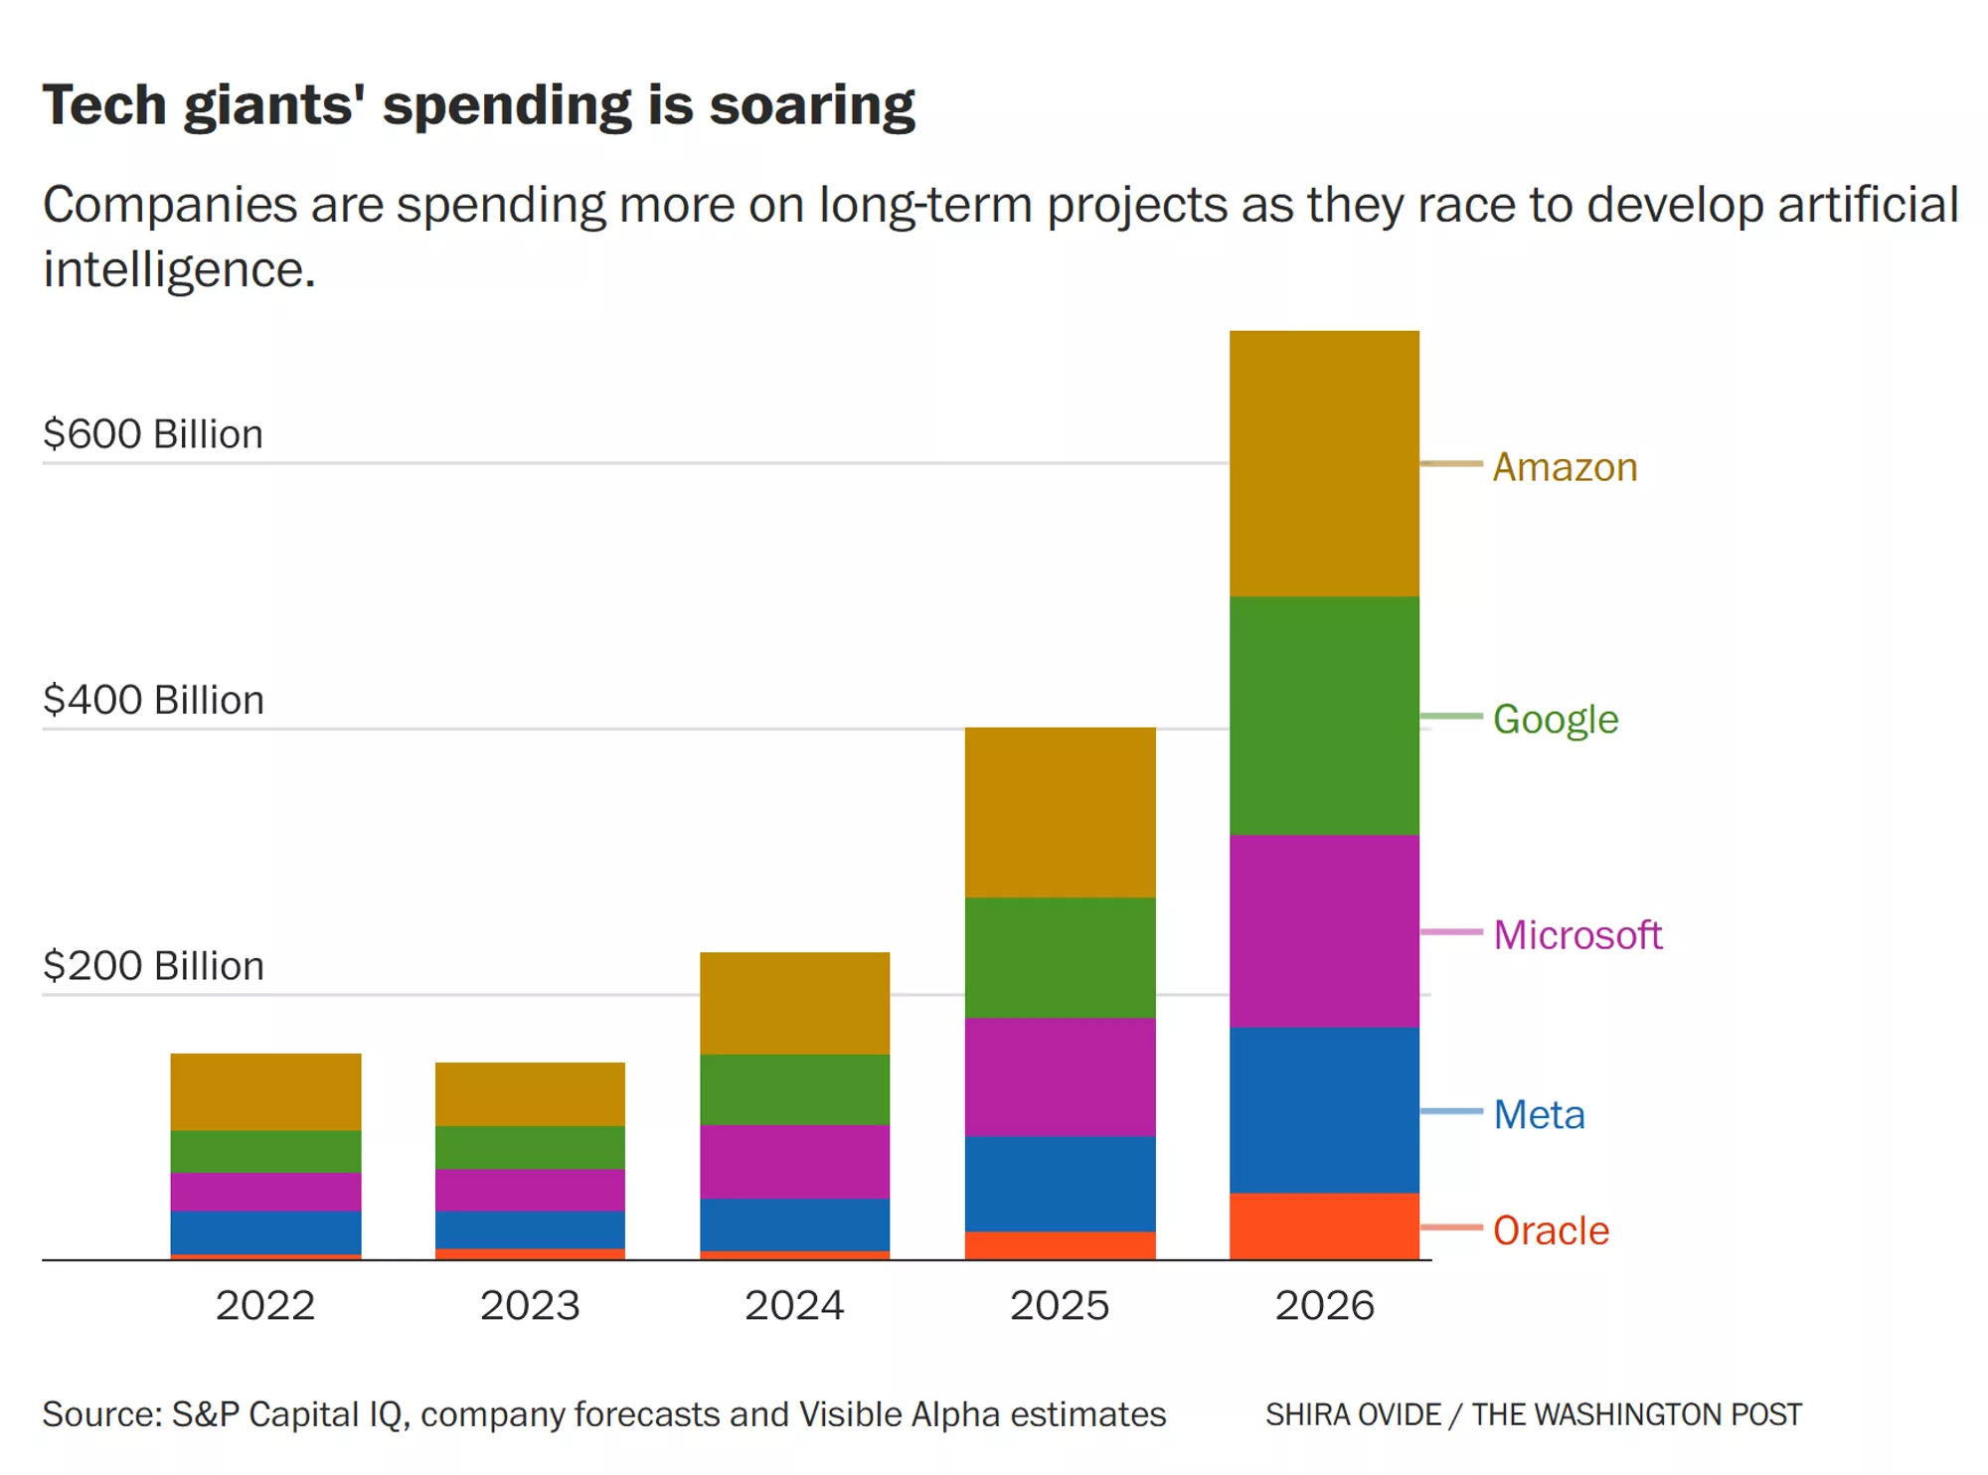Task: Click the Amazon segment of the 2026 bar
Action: (x=1324, y=463)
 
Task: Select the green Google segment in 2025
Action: (x=1060, y=957)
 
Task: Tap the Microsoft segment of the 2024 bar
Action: (x=794, y=1161)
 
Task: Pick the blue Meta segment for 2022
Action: (x=265, y=1231)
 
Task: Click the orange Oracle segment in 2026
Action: (x=1324, y=1226)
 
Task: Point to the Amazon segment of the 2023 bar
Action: (x=530, y=1093)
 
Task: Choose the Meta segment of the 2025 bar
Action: (x=1060, y=1183)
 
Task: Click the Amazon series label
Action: (x=1565, y=467)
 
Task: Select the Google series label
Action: (x=1555, y=719)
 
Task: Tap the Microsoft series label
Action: (x=1576, y=935)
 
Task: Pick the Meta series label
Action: (x=1539, y=1114)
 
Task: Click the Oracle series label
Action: (x=1551, y=1230)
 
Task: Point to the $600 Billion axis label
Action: (x=153, y=434)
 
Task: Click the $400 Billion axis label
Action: (x=153, y=700)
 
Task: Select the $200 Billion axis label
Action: (x=153, y=966)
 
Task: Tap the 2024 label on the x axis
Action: (x=794, y=1305)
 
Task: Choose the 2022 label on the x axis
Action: (x=265, y=1305)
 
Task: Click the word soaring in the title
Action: (x=811, y=105)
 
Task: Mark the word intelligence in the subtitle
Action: (x=179, y=269)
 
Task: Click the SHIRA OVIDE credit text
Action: (x=1353, y=1414)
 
